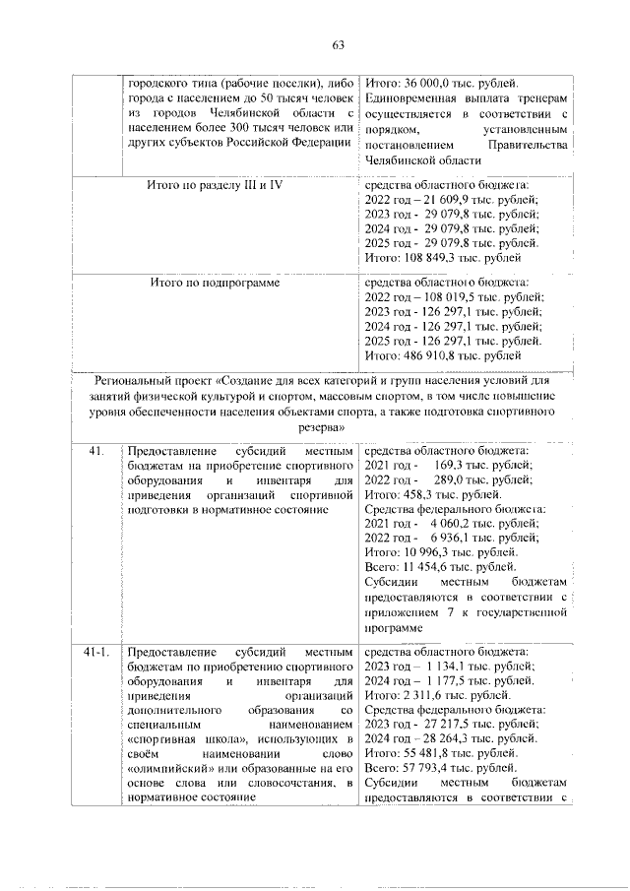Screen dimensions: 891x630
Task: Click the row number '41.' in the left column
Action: coord(95,450)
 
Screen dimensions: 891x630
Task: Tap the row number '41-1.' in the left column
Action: coord(96,652)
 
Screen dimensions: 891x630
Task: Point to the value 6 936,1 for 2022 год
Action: coord(447,539)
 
